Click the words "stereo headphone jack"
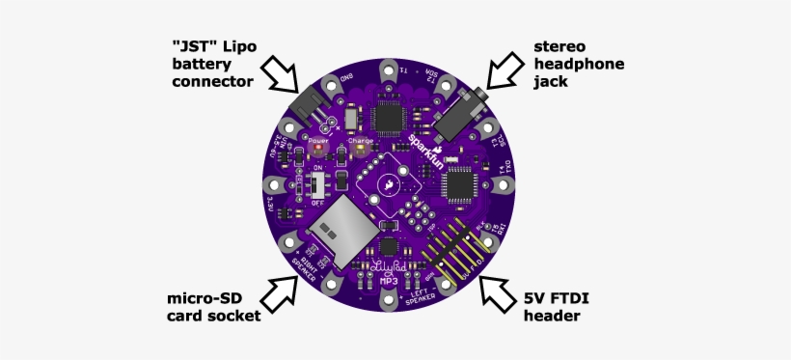click(x=580, y=64)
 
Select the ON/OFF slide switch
click(x=317, y=185)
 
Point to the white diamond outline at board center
click(x=388, y=183)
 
